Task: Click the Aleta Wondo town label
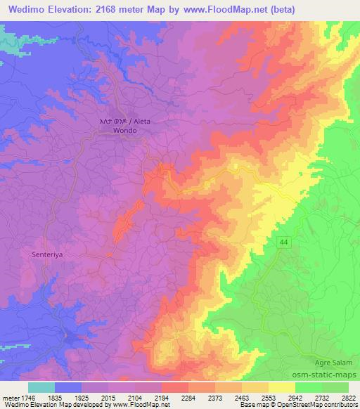click(x=125, y=126)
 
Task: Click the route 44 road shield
click(x=283, y=242)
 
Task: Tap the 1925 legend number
click(x=82, y=398)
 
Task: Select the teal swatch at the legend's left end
click(x=41, y=387)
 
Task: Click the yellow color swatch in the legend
click(x=282, y=387)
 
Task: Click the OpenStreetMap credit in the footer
click(x=330, y=405)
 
